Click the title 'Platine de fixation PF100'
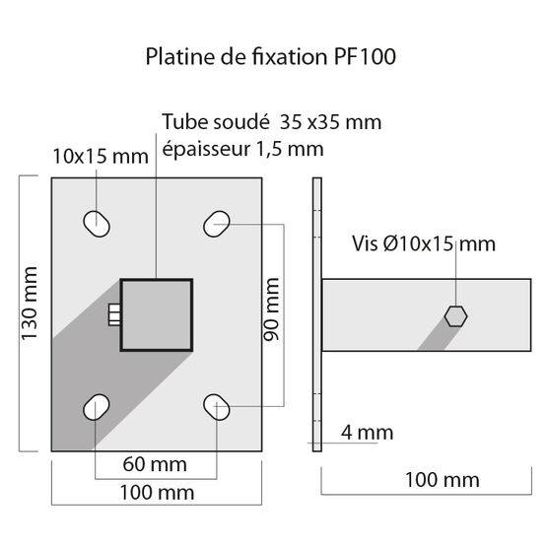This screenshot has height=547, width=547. pyautogui.click(x=271, y=57)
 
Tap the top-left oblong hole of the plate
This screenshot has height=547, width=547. pyautogui.click(x=97, y=224)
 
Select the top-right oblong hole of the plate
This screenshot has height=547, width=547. pyautogui.click(x=217, y=224)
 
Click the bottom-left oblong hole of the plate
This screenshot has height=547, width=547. pyautogui.click(x=97, y=405)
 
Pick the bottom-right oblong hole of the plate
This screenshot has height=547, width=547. pyautogui.click(x=217, y=405)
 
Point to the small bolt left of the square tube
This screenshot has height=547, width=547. pyautogui.click(x=112, y=314)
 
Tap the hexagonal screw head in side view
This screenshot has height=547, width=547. pyautogui.click(x=454, y=314)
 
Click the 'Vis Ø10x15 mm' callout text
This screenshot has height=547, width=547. pyautogui.click(x=424, y=243)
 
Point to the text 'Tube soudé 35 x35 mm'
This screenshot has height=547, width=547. pyautogui.click(x=272, y=122)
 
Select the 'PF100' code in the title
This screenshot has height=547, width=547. pyautogui.click(x=360, y=57)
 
